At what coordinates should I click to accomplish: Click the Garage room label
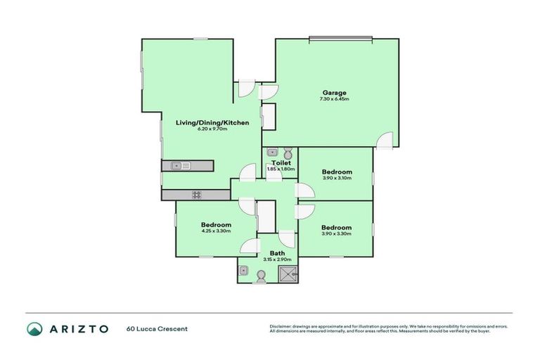[x=334, y=93]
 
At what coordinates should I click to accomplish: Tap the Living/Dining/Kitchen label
[x=212, y=122]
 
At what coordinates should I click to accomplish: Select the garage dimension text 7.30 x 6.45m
[x=334, y=99]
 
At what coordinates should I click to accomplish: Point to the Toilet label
[x=281, y=163]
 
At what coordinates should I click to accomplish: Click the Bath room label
[x=277, y=253]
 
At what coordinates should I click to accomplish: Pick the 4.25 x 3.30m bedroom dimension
[x=216, y=231]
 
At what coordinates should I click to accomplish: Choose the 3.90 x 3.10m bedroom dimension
[x=337, y=179]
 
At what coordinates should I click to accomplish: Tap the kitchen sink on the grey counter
[x=176, y=166]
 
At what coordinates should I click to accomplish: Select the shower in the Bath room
[x=289, y=274]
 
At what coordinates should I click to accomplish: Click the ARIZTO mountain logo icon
[x=34, y=329]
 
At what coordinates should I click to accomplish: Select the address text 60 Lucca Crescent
[x=157, y=329]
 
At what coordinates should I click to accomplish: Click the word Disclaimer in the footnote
[x=281, y=326]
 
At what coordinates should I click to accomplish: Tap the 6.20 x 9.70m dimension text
[x=212, y=129]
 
